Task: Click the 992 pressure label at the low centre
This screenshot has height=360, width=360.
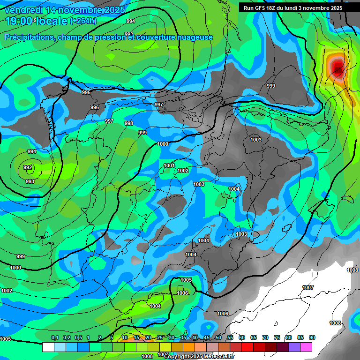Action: point(28,167)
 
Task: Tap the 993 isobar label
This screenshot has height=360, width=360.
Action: point(30,181)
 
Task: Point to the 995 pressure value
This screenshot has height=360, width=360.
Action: point(86,92)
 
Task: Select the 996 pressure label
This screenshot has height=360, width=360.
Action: point(95,107)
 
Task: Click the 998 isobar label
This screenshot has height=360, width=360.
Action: point(129,123)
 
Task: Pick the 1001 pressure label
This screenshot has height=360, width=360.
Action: point(169,165)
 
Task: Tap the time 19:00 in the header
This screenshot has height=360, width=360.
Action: point(19,21)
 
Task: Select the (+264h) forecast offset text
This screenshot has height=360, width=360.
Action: point(83,21)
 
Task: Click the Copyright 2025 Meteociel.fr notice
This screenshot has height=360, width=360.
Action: point(199,356)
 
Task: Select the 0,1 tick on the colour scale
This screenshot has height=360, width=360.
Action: point(55,337)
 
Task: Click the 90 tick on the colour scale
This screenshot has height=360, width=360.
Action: point(312,337)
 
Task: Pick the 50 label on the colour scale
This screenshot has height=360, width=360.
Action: point(218,337)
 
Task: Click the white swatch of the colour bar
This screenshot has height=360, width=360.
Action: point(48,347)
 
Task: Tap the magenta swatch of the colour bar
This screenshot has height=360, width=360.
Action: point(306,347)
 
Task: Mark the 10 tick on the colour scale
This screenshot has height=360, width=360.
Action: point(125,337)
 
